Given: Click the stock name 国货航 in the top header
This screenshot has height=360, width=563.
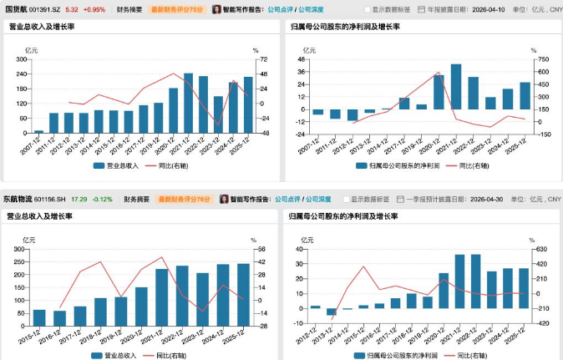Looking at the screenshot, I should pos(16,9).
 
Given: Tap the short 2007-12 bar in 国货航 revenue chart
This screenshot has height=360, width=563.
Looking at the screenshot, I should pos(39,131).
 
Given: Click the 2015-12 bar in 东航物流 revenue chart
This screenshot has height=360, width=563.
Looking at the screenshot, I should pos(39,317).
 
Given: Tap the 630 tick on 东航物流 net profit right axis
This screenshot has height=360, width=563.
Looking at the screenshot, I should pos(542,249).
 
